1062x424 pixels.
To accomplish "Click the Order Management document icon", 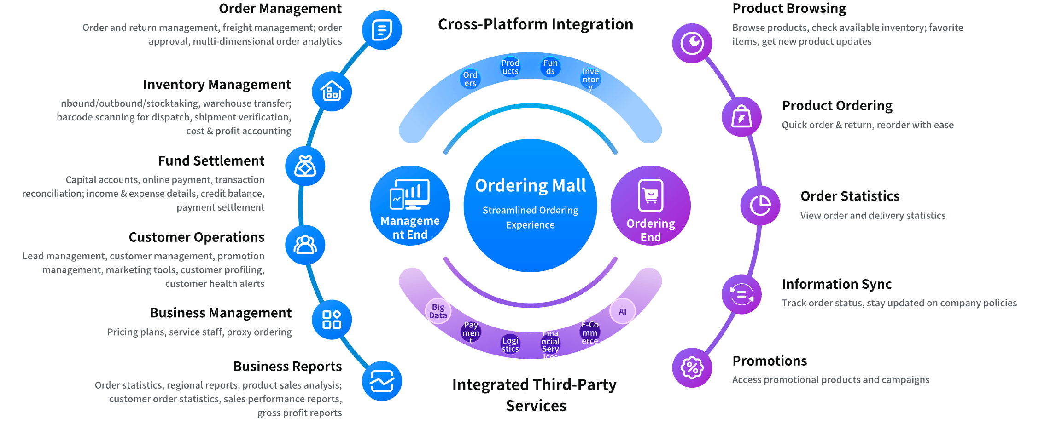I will (382, 30).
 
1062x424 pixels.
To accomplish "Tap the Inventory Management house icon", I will (332, 91).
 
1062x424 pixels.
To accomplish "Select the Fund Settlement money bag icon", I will (305, 166).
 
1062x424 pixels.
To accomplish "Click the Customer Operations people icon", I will (305, 245).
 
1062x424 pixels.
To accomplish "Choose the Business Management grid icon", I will (332, 320).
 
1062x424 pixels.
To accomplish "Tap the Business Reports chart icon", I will (382, 381).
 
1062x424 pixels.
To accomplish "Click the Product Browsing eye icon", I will (692, 43).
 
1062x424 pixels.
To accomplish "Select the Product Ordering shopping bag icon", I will (741, 116).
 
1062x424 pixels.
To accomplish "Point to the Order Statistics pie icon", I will (760, 205).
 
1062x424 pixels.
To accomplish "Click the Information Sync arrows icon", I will (741, 294).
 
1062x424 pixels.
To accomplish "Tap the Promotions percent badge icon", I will (692, 367).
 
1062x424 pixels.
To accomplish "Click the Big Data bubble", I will (438, 311).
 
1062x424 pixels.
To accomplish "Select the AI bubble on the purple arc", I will (622, 311).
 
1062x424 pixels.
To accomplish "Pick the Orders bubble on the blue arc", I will (470, 79).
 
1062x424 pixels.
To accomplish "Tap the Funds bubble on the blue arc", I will (550, 67).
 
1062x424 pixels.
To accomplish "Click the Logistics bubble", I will (510, 344).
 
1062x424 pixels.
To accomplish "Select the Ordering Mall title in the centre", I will (530, 186).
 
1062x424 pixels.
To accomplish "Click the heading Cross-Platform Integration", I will (535, 24).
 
